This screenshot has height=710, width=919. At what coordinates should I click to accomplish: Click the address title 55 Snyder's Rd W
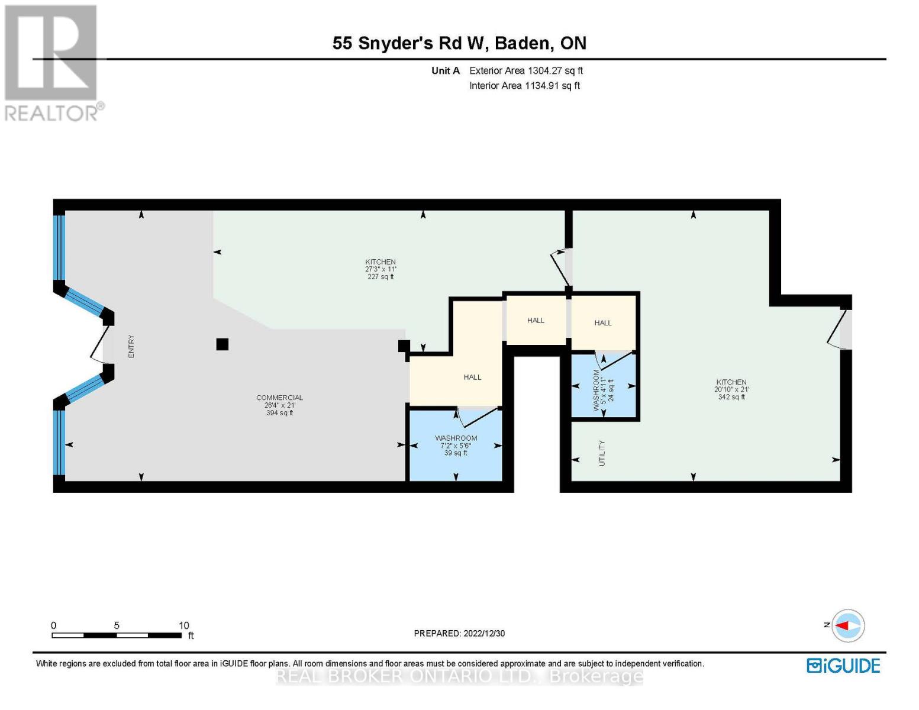point(459,43)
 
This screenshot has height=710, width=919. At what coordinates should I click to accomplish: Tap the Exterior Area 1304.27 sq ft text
point(525,70)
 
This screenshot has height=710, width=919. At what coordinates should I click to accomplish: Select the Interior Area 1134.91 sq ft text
point(524,86)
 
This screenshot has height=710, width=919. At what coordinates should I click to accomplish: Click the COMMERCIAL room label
point(279,398)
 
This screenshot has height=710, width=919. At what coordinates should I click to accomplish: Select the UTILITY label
point(602,453)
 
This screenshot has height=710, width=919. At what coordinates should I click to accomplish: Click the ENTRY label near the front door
point(131,346)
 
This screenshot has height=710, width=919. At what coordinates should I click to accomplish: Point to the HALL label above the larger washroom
point(472,377)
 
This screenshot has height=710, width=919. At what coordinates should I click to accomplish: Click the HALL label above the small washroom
point(602,323)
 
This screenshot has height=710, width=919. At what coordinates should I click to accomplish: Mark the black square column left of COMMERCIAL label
point(223,344)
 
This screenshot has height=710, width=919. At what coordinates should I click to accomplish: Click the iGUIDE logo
point(843,666)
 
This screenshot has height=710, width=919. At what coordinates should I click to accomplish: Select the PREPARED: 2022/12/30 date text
point(459,633)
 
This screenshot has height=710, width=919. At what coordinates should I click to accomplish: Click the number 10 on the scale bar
point(183,625)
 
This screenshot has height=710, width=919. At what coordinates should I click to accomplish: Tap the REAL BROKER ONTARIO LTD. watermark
point(459,676)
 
